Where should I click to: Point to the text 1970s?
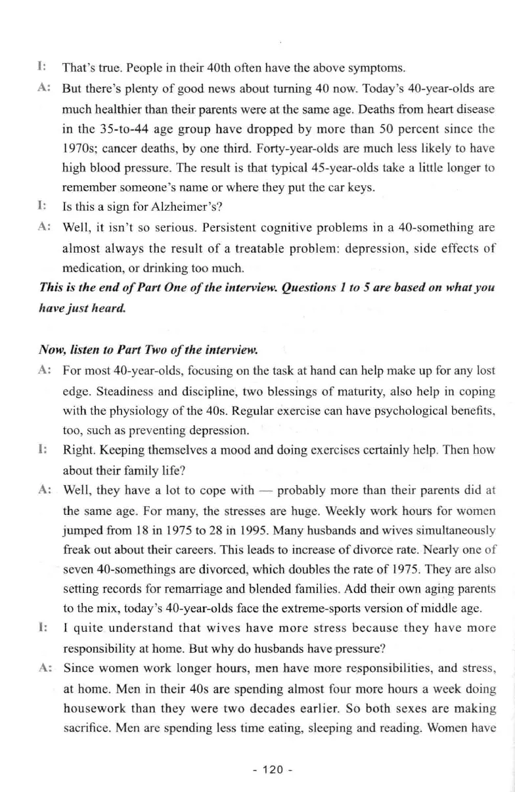(80, 142)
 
